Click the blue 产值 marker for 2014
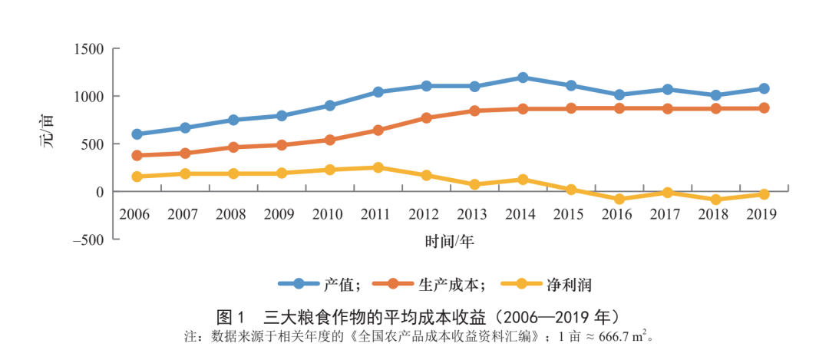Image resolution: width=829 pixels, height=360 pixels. [x=523, y=78]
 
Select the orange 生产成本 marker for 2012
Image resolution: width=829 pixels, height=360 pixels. [x=426, y=118]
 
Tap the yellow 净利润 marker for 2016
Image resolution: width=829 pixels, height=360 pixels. [x=619, y=199]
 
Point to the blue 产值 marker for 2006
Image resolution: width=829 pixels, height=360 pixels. [x=137, y=134]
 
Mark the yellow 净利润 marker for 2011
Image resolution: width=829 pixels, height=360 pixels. [x=378, y=167]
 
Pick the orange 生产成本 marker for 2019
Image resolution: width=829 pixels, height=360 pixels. [x=764, y=108]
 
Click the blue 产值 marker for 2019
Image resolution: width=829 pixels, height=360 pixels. [x=764, y=88]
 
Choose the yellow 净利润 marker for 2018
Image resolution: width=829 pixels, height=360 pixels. [x=715, y=200]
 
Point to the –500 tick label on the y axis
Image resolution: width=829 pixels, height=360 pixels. [x=88, y=239]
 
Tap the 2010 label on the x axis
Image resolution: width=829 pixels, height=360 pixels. [x=328, y=213]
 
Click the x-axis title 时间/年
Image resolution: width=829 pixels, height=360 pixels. [x=450, y=243]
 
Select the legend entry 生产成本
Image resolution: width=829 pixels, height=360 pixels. [x=449, y=284]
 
